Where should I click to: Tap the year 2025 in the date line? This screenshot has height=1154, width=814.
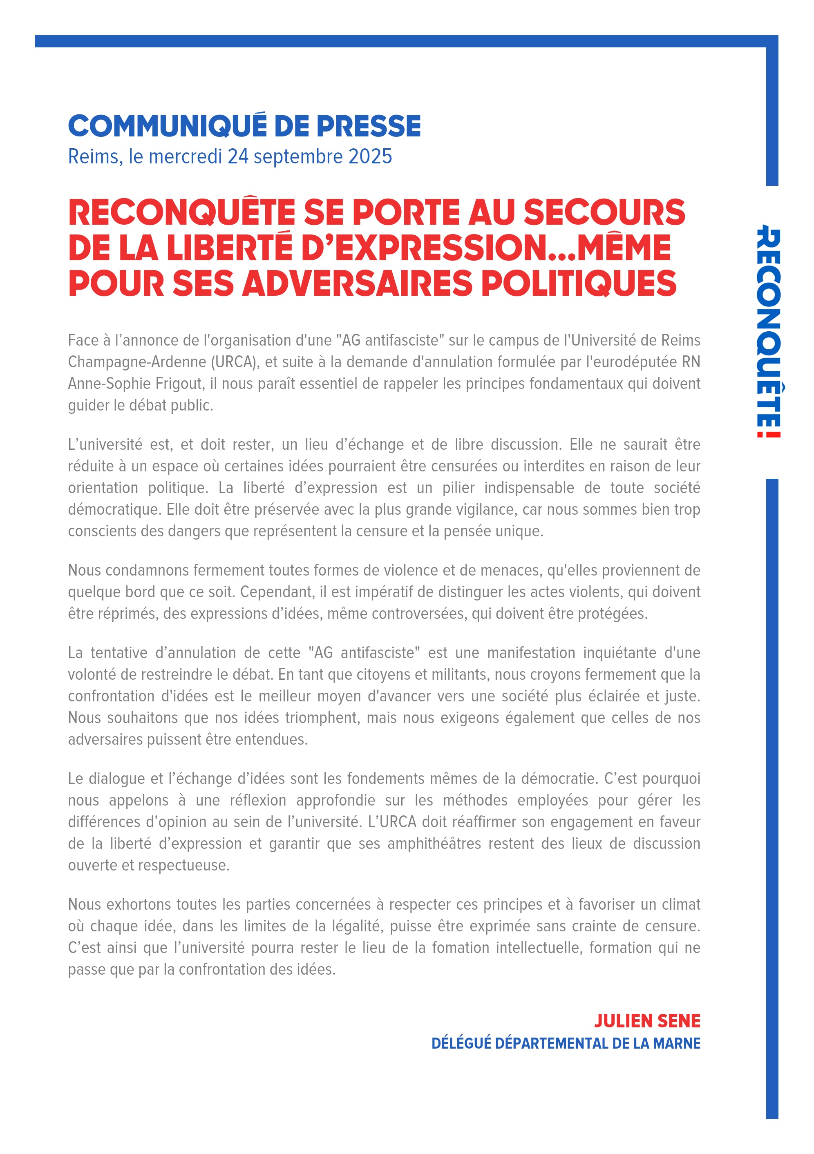370,157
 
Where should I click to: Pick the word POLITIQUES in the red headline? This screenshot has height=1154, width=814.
579,283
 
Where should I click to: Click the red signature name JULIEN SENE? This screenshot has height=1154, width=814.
647,1021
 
